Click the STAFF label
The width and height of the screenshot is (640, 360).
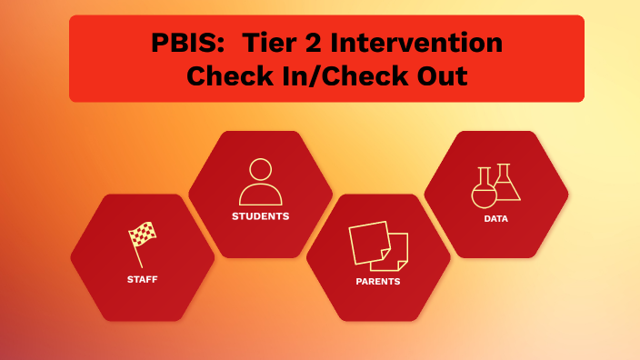143,279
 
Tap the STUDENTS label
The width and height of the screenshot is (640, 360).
260,216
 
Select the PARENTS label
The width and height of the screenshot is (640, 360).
377,281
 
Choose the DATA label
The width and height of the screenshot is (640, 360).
495,218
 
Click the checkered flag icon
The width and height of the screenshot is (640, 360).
142,235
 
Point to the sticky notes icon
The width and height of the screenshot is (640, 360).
377,245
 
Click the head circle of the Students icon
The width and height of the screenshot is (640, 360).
261,170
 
